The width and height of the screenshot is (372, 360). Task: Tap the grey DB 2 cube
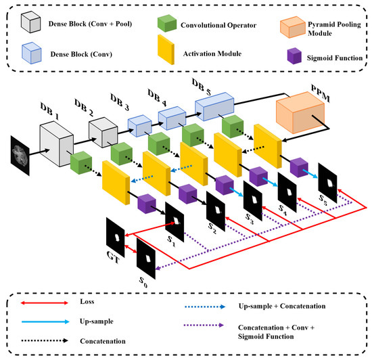coord(106,131)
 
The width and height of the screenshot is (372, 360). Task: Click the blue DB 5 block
coord(216,107)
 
